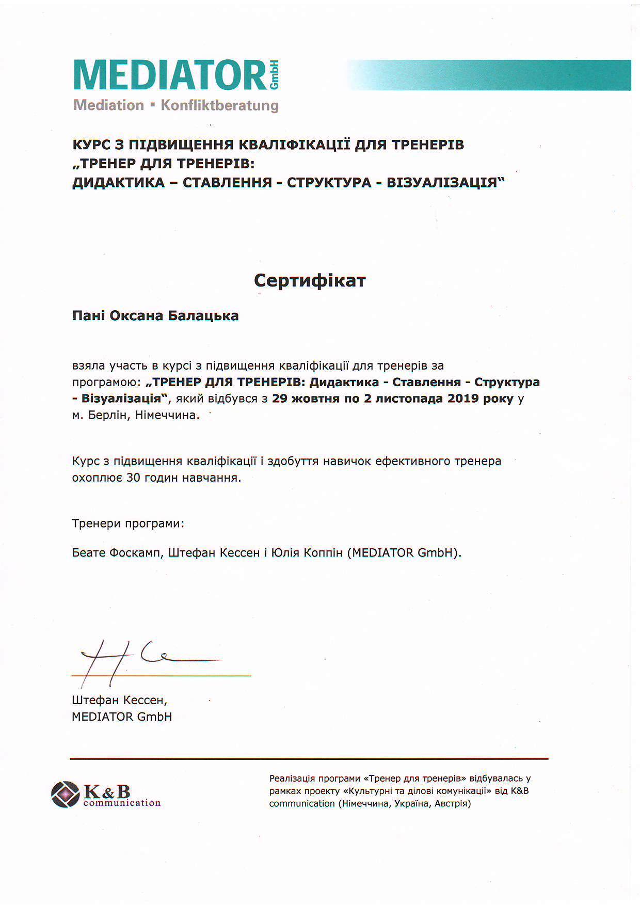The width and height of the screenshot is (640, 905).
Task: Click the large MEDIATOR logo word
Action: [170, 75]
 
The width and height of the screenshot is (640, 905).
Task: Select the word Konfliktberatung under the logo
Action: [219, 105]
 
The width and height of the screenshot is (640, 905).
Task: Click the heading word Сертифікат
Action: [310, 280]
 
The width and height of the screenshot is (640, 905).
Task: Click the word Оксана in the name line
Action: [136, 315]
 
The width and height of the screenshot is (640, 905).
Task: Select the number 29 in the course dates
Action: [279, 399]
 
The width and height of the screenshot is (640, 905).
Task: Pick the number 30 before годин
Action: [133, 478]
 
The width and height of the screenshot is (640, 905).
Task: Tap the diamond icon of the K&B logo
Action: [66, 795]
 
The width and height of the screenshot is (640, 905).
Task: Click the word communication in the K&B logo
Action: [122, 803]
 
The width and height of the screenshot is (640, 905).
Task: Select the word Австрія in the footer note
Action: [452, 803]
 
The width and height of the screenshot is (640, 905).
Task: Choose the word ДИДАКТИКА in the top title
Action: [118, 183]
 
